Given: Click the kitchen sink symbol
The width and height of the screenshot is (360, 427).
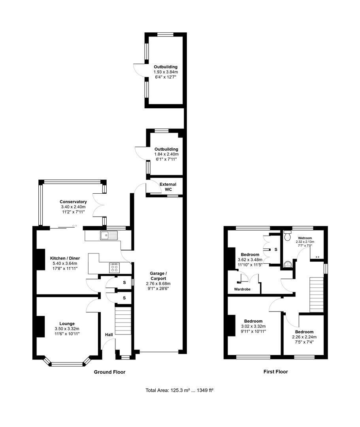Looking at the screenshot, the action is click(x=109, y=235).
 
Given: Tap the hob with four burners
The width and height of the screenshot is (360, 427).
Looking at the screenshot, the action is click(x=114, y=268).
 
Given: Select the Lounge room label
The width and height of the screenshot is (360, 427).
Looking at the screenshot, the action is click(x=67, y=324).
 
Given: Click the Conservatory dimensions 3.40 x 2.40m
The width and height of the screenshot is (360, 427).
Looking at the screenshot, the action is click(x=73, y=207).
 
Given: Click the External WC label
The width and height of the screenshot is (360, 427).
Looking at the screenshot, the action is click(x=168, y=187).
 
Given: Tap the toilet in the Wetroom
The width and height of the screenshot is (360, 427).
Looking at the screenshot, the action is click(x=287, y=236).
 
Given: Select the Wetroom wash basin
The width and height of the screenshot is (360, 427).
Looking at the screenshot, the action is click(x=287, y=264).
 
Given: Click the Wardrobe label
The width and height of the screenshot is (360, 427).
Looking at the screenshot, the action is click(x=242, y=289).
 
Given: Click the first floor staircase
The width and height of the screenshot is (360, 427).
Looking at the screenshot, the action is click(x=317, y=295).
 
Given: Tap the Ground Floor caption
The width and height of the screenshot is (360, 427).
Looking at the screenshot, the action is click(x=110, y=372).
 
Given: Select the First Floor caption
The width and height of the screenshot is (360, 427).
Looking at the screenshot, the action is click(x=275, y=372).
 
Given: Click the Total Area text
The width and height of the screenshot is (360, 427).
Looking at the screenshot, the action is click(x=179, y=390).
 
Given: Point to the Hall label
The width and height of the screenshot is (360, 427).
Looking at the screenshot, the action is click(x=109, y=335).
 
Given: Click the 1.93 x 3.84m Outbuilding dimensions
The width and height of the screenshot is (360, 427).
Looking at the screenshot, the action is click(x=166, y=72).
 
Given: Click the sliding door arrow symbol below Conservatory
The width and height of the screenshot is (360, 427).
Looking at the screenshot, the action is click(x=75, y=226).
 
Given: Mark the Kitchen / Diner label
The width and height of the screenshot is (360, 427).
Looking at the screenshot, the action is click(x=65, y=258).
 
